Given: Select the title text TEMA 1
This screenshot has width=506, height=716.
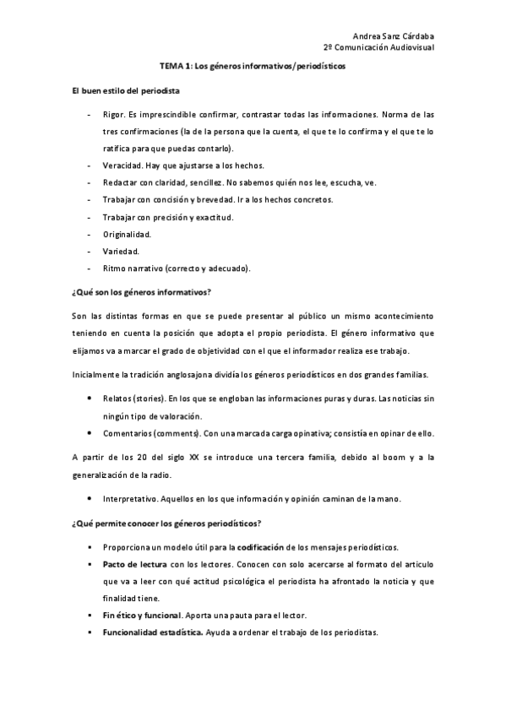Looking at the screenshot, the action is coord(174,65).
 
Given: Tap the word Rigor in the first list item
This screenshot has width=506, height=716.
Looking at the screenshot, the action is coord(112,114).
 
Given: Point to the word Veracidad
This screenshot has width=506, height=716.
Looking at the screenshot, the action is coord(122,165).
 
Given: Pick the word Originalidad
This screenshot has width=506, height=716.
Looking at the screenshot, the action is coord(127,234).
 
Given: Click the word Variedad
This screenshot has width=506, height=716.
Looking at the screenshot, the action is coord(121,251).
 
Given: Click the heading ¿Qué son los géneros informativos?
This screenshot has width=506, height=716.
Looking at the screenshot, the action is coord(140,292).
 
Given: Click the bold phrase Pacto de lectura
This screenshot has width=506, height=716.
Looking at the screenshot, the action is coord(130,562).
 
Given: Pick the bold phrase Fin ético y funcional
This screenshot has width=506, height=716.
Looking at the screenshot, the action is coord(141,615).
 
